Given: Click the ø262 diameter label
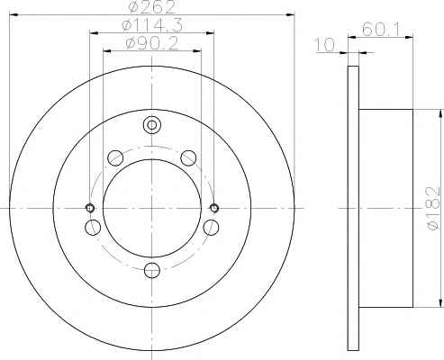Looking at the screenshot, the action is pyautogui.click(x=152, y=6).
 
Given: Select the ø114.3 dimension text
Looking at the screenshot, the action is pyautogui.click(x=152, y=25).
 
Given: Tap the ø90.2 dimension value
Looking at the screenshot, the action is pyautogui.click(x=152, y=44).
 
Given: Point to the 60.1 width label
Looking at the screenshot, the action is pyautogui.click(x=381, y=30).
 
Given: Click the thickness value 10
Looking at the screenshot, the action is pyautogui.click(x=325, y=45).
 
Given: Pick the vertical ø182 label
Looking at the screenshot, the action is pyautogui.click(x=433, y=209).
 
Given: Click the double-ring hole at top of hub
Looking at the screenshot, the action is pyautogui.click(x=152, y=124).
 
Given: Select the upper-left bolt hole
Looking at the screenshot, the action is pyautogui.click(x=115, y=157).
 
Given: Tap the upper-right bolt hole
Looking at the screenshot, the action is pyautogui.click(x=189, y=158).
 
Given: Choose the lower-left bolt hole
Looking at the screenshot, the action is pyautogui.click(x=93, y=227).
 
